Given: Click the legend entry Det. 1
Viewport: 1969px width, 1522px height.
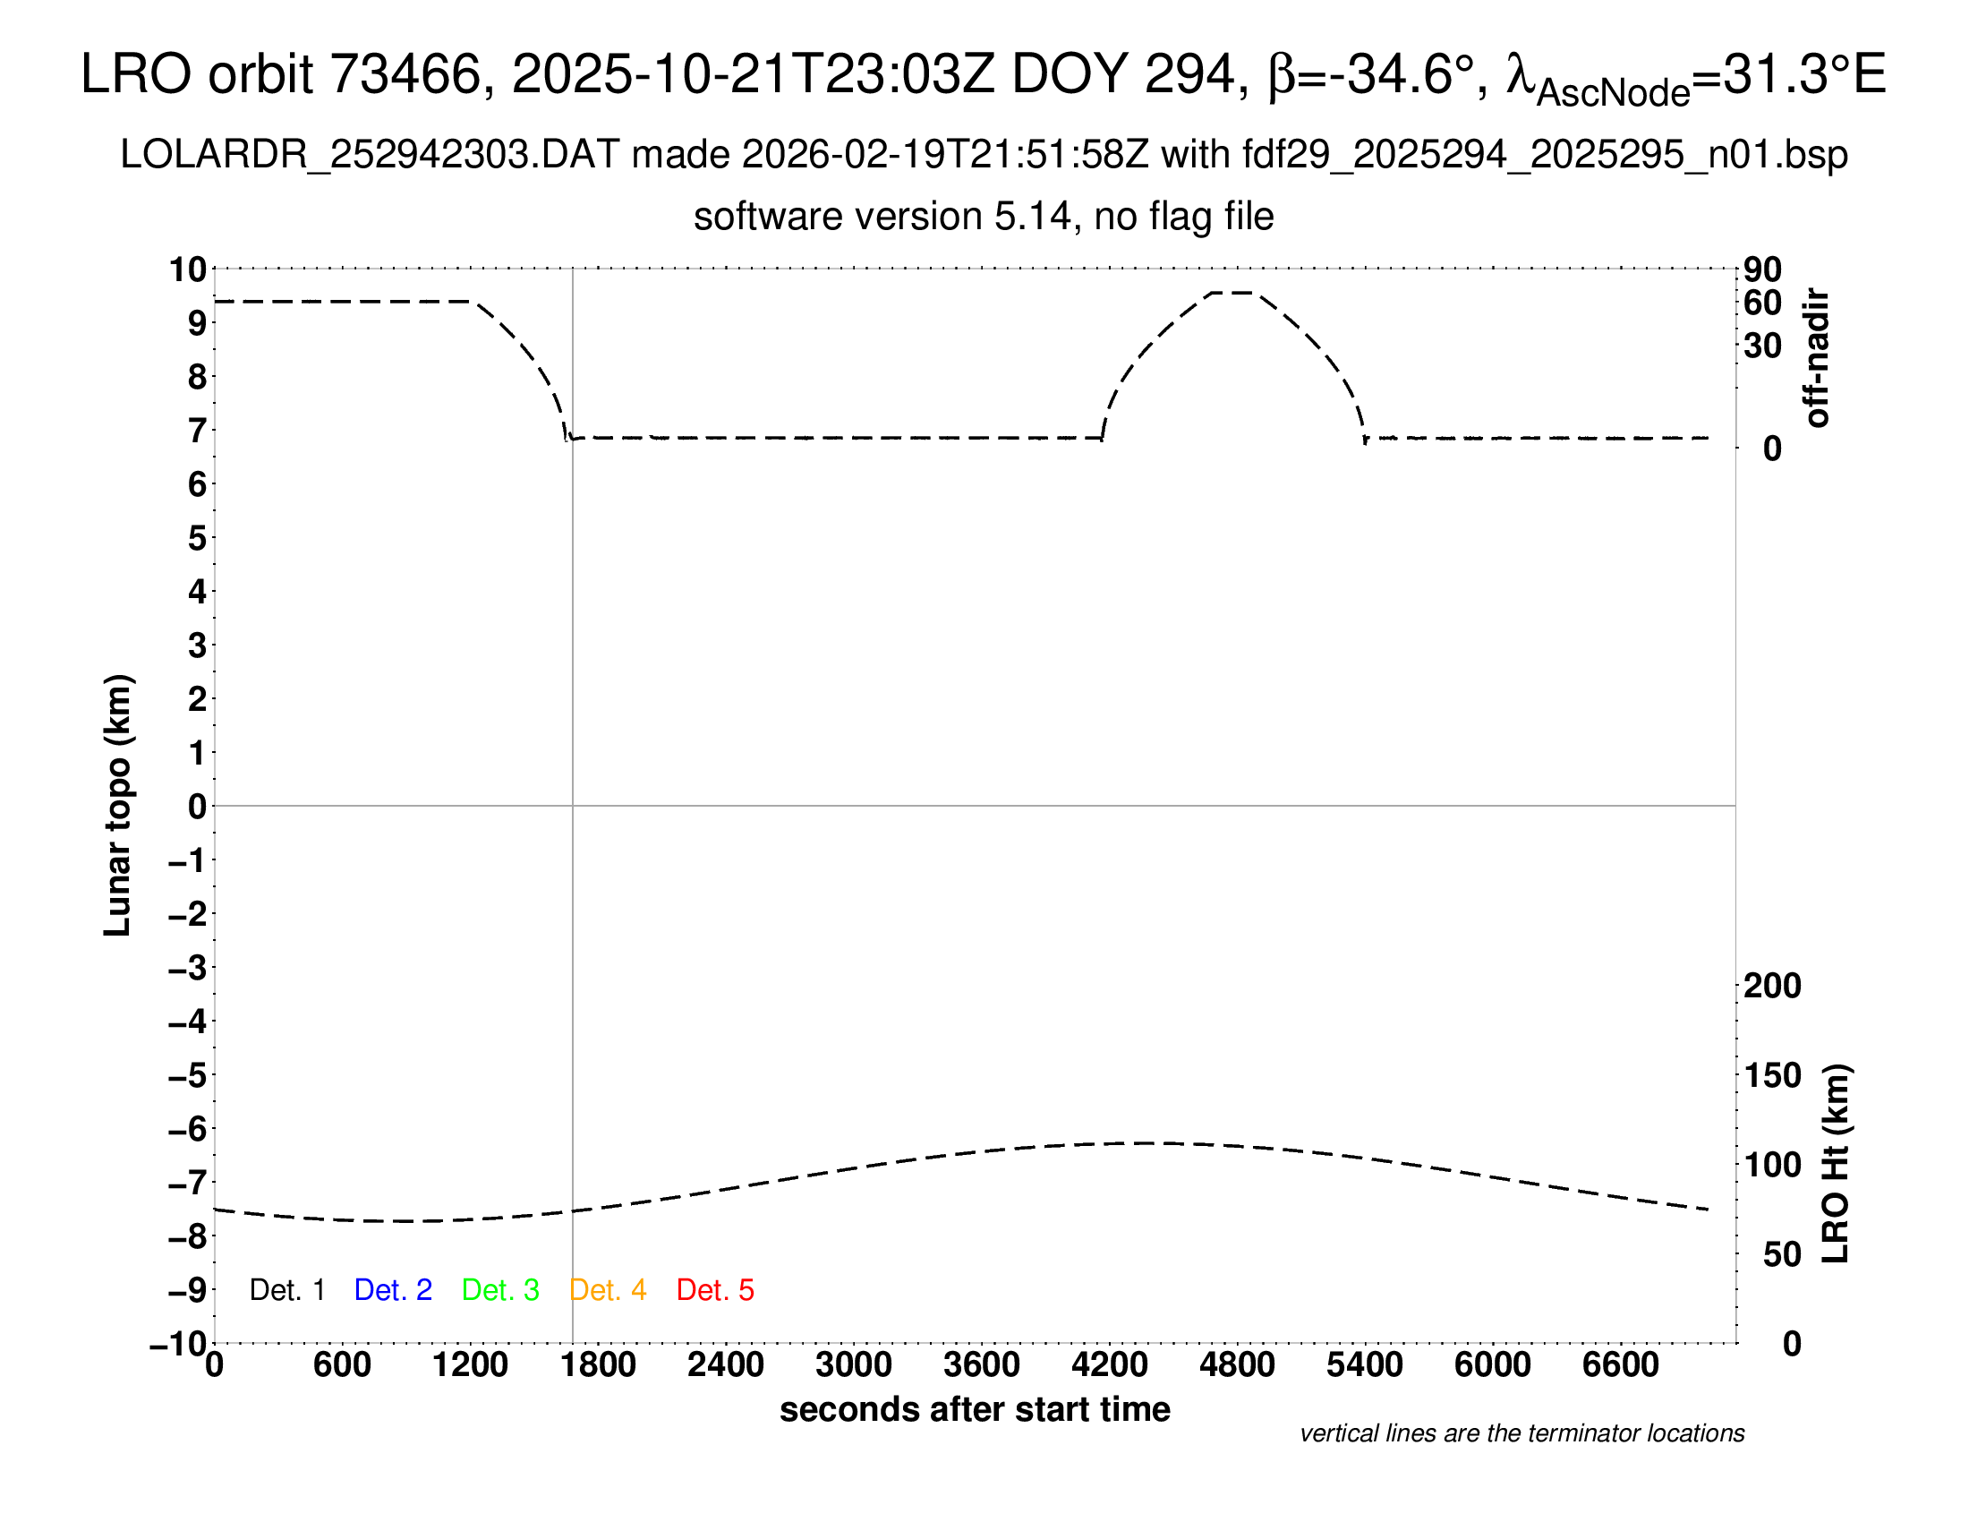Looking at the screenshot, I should click(286, 1290).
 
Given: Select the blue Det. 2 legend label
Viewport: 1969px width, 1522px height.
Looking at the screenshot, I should click(393, 1290).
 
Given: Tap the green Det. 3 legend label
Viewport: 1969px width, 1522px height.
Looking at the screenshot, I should click(500, 1290).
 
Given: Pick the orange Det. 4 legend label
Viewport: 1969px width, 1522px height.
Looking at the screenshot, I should click(608, 1290).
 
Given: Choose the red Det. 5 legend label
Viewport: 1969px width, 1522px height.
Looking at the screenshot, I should click(715, 1290).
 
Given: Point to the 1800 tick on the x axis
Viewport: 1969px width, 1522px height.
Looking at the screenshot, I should click(598, 1365).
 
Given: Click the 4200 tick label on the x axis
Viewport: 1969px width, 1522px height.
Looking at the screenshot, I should click(1109, 1365).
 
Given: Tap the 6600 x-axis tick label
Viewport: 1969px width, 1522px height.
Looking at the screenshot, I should click(1620, 1365).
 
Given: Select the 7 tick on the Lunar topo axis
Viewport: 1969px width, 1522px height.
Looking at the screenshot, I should click(197, 431).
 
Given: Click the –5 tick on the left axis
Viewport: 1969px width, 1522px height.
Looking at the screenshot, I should click(188, 1075).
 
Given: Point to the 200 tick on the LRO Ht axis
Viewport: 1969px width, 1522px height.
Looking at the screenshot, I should click(1772, 987).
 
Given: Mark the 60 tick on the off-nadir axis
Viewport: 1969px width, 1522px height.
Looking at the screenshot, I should click(1762, 303).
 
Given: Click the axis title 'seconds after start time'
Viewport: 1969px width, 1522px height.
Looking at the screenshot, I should click(975, 1410).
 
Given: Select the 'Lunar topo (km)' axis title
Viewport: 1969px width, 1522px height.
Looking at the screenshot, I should click(118, 805).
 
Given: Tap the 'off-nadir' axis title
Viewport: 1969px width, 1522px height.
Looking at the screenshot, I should click(1817, 358).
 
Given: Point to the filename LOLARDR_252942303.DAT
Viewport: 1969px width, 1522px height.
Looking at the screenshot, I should click(370, 155).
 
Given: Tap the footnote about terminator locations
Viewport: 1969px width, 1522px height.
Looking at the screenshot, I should click(1521, 1433).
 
